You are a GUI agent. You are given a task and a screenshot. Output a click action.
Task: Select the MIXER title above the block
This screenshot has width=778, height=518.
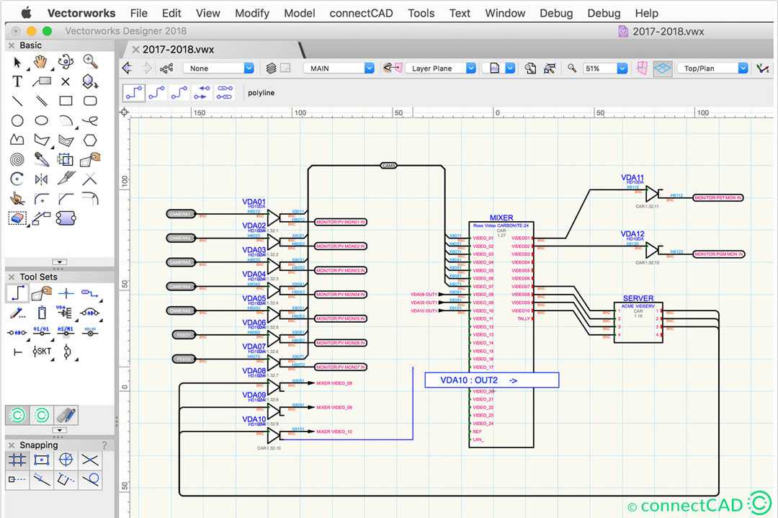(501, 218)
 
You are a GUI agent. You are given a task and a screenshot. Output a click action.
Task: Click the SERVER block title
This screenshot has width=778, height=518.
(638, 298)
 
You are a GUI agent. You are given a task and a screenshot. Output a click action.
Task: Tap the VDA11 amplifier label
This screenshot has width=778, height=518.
(632, 177)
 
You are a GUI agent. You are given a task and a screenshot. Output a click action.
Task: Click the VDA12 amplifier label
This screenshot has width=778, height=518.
(632, 233)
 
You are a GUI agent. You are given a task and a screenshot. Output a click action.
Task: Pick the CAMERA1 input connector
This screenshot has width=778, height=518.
(180, 214)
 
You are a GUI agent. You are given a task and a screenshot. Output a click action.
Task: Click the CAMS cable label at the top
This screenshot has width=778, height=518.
(389, 166)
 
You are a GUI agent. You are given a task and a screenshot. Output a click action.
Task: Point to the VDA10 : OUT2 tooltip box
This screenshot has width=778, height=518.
(491, 380)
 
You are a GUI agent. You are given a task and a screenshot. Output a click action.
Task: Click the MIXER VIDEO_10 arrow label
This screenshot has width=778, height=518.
(334, 432)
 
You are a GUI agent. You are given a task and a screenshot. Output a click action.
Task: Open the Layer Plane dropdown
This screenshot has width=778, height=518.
(441, 68)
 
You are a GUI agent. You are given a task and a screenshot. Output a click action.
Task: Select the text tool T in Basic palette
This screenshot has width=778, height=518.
(17, 81)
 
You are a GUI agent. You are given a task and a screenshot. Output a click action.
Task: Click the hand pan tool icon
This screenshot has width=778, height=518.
(41, 62)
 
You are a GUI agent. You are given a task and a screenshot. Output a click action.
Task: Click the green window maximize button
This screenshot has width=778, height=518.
(48, 31)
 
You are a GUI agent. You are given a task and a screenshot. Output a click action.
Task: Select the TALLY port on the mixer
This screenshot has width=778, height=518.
(524, 318)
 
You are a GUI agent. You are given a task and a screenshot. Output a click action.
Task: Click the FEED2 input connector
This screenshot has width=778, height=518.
(184, 359)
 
